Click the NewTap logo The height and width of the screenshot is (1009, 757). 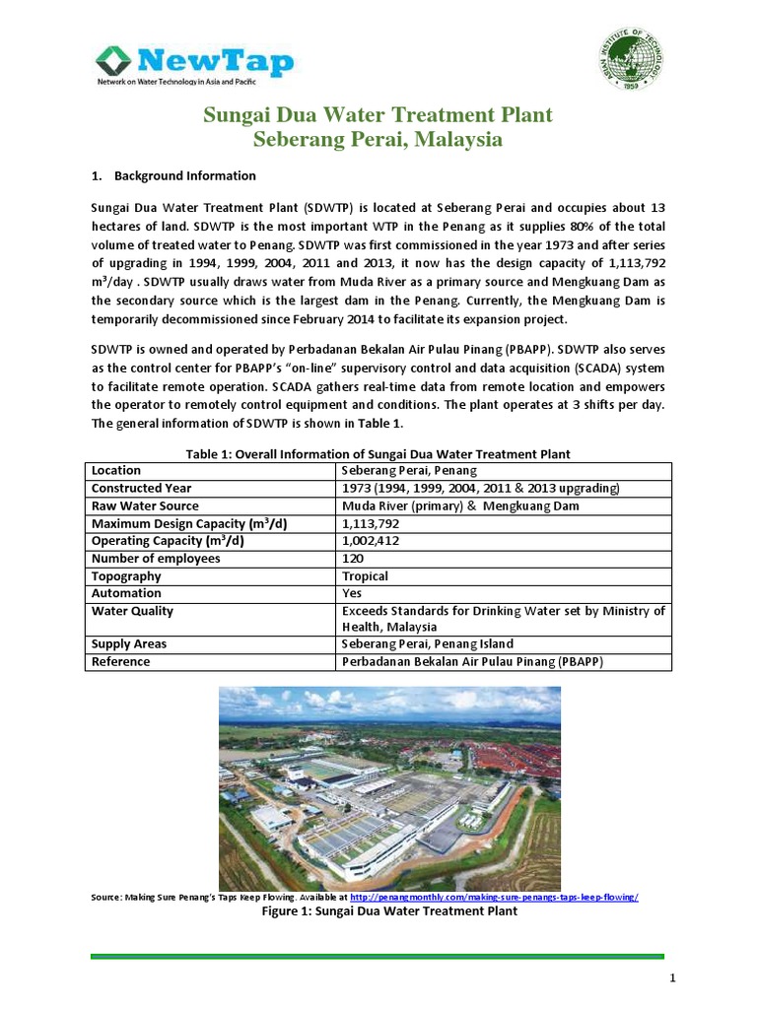click(x=193, y=65)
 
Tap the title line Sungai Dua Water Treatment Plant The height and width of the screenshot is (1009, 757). click(x=378, y=116)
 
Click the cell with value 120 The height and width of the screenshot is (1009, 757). click(x=352, y=559)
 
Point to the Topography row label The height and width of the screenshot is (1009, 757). click(x=126, y=576)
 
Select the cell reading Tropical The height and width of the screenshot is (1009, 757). click(x=365, y=576)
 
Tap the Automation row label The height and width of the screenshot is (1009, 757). click(x=126, y=594)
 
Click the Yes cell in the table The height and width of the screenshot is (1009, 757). click(x=352, y=594)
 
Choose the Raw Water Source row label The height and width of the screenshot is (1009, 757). click(x=145, y=505)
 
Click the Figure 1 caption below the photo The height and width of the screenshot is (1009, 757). click(x=378, y=912)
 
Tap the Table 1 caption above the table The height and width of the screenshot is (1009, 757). click(x=378, y=453)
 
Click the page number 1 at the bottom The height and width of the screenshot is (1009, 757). click(x=671, y=977)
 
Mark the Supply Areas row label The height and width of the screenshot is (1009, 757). click(x=129, y=643)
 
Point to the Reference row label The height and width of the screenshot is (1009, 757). click(x=121, y=661)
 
